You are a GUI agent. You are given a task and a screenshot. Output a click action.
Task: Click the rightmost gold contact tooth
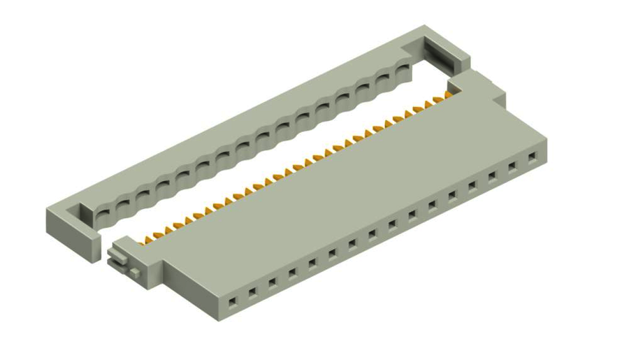(x=448, y=93)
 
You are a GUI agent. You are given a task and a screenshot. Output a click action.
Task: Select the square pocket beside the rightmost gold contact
(x=458, y=85)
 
